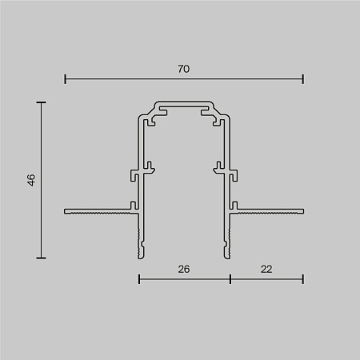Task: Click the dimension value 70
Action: pyautogui.click(x=184, y=70)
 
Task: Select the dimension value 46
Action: pyautogui.click(x=30, y=180)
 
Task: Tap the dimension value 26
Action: pyautogui.click(x=184, y=270)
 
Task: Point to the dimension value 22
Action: pyautogui.click(x=266, y=270)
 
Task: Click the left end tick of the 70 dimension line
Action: pyautogui.click(x=65, y=78)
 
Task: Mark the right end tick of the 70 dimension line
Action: pyautogui.click(x=303, y=78)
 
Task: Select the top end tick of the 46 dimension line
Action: pyautogui.click(x=41, y=102)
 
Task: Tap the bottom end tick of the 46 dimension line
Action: pyautogui.click(x=41, y=258)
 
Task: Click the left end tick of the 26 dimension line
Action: pyautogui.click(x=139, y=278)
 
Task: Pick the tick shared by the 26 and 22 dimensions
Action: pyautogui.click(x=230, y=278)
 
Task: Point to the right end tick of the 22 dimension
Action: pyautogui.click(x=303, y=278)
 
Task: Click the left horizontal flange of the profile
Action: pyautogui.click(x=96, y=212)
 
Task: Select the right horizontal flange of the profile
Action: pyautogui.click(x=270, y=212)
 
